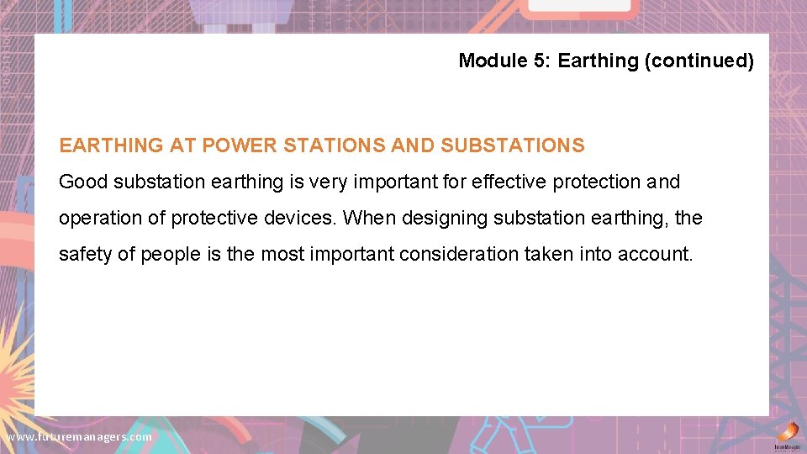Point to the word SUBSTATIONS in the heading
point(513,145)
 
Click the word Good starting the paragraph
point(83,182)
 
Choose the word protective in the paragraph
point(214,218)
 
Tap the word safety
point(86,254)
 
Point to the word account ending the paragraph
point(659,254)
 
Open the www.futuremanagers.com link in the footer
point(79,437)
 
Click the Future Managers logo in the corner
point(787,437)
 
